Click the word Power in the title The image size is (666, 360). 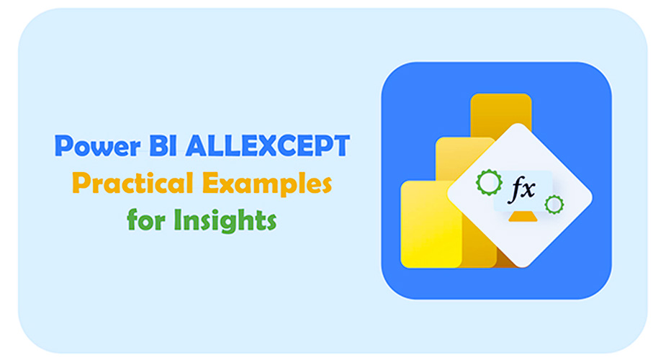[x=98, y=146]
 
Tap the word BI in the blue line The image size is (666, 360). [x=163, y=146]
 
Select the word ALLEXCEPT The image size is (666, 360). [x=268, y=146]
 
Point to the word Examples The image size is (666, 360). [x=267, y=184]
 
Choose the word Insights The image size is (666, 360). [x=225, y=220]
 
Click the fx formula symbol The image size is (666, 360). [x=522, y=189]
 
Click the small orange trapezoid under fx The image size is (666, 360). [x=523, y=217]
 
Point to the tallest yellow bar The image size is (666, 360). [x=500, y=110]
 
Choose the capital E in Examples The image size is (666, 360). [x=211, y=183]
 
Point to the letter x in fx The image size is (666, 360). [x=528, y=190]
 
